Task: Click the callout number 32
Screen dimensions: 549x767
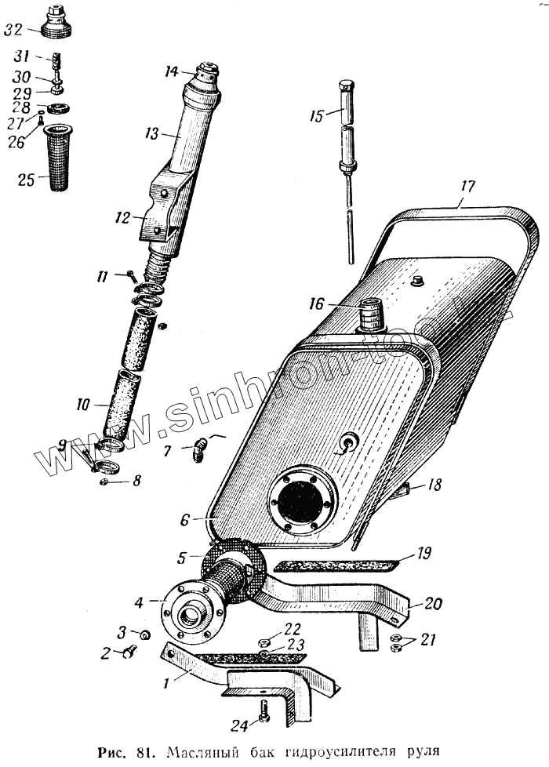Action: [x=13, y=31]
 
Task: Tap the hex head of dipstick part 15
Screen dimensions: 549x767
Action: [x=346, y=85]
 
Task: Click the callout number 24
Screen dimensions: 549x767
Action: [x=239, y=724]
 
